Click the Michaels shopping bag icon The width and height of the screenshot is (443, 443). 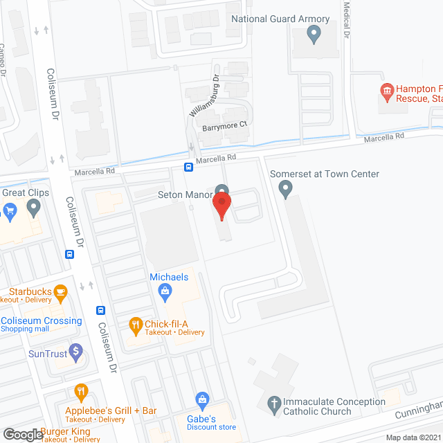click(165, 291)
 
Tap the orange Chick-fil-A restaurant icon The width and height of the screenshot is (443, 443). click(136, 323)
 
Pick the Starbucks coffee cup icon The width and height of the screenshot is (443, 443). click(60, 291)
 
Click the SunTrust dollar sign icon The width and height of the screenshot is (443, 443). click(77, 354)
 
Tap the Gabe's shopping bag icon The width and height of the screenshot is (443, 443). click(202, 399)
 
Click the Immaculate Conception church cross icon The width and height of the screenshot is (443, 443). click(274, 403)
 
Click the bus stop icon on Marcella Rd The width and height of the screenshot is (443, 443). click(188, 167)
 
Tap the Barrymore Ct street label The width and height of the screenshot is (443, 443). click(224, 125)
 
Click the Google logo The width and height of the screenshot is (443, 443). click(22, 434)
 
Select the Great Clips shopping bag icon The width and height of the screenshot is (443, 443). click(10, 209)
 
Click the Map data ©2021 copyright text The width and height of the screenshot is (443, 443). click(413, 437)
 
